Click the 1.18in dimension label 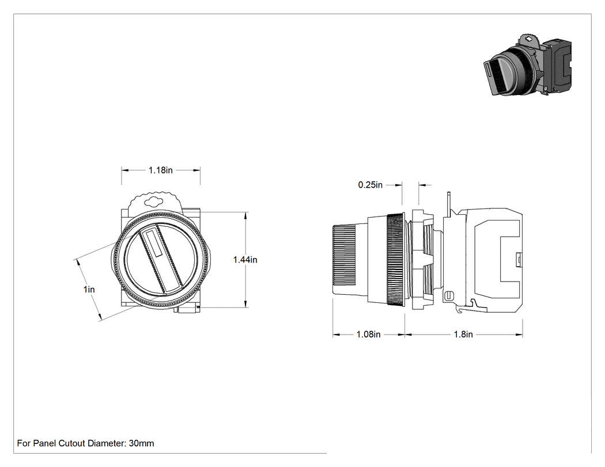[161, 170]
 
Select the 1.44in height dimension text [245, 260]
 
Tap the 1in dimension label [89, 289]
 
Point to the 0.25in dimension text [370, 185]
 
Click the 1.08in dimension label [369, 335]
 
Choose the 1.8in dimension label [463, 335]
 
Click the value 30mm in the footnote [141, 443]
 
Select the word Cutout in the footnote [72, 443]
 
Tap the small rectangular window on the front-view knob [153, 243]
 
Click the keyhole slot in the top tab [154, 201]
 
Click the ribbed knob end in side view [344, 256]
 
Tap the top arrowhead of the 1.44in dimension [246, 215]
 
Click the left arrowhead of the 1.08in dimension [336, 335]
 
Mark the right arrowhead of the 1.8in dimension [519, 335]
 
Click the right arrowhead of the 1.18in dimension [196, 170]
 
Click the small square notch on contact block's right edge [519, 259]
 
